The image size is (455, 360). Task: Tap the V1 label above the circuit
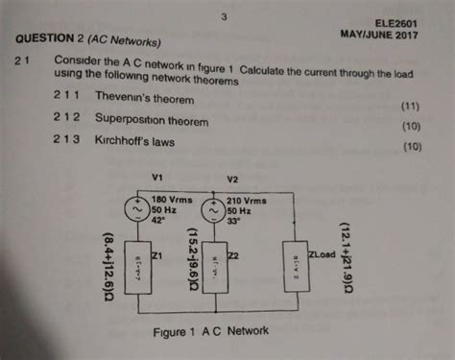coord(159,177)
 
